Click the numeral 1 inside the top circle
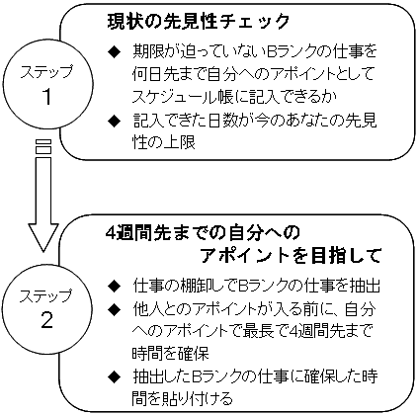pos(47,97)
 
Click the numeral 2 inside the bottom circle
pos(46,320)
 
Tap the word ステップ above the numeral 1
pos(46,72)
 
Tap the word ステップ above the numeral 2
pos(45,296)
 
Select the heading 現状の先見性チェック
pos(199,22)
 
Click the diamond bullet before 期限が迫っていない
pos(115,51)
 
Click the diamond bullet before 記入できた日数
pos(115,122)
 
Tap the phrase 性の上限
pos(164,142)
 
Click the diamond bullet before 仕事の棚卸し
pos(115,287)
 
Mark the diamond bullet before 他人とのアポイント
pos(115,309)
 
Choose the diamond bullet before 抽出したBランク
pos(115,376)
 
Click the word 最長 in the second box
pos(259,330)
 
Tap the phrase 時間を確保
pos(171,353)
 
